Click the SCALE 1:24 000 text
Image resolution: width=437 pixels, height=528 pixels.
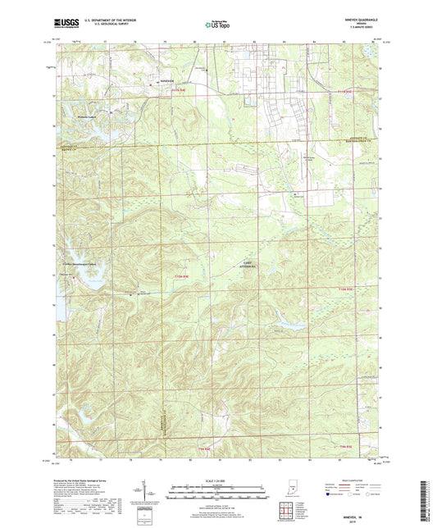click(x=218, y=480)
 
